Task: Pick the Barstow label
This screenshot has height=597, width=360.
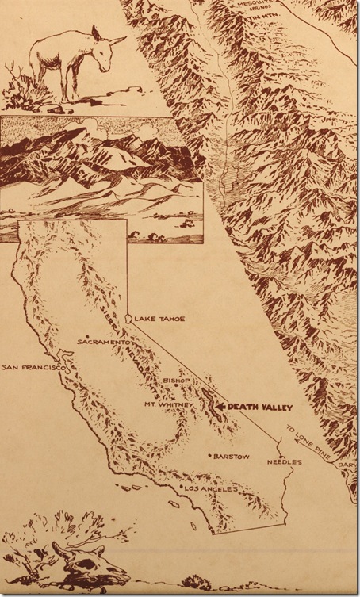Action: pyautogui.click(x=232, y=457)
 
